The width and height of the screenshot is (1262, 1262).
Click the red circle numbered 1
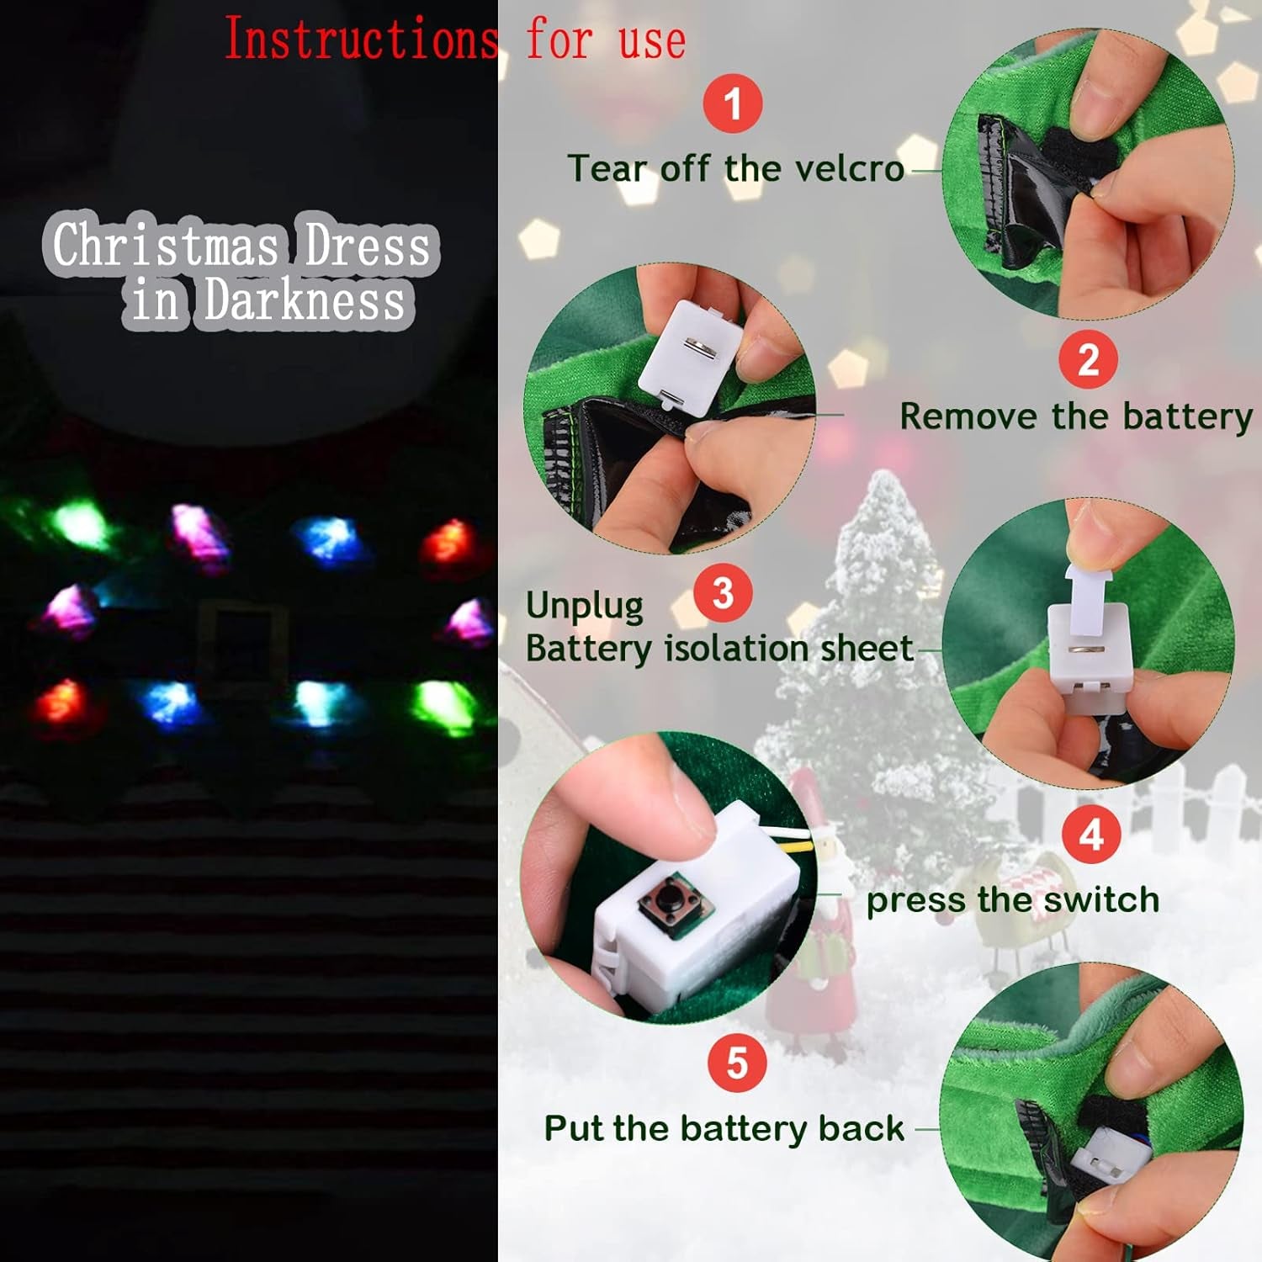point(733,103)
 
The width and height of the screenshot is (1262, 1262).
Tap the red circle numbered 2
point(1088,359)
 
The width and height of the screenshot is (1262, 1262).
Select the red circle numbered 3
point(723,592)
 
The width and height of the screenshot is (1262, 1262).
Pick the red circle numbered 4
point(1091,834)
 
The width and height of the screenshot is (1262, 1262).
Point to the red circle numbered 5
point(737,1063)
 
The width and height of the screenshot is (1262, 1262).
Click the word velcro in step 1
point(850,168)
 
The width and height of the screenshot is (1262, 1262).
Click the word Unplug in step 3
point(585,606)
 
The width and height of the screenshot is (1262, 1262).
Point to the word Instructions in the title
point(361,40)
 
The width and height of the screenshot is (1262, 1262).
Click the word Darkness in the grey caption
point(305,300)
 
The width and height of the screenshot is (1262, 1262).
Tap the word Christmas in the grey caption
point(166,245)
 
